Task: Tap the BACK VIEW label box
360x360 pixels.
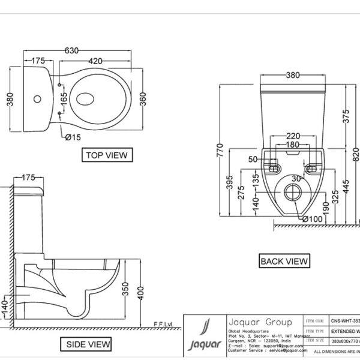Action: pyautogui.click(x=284, y=261)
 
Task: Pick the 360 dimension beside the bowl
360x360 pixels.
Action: pyautogui.click(x=143, y=99)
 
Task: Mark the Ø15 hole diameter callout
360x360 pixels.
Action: pyautogui.click(x=73, y=138)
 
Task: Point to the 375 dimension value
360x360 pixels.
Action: pyautogui.click(x=344, y=116)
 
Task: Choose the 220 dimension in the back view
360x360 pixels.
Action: pyautogui.click(x=293, y=136)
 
